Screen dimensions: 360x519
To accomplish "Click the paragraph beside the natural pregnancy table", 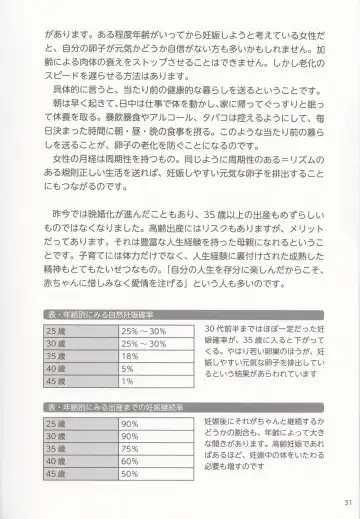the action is click(265, 356).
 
